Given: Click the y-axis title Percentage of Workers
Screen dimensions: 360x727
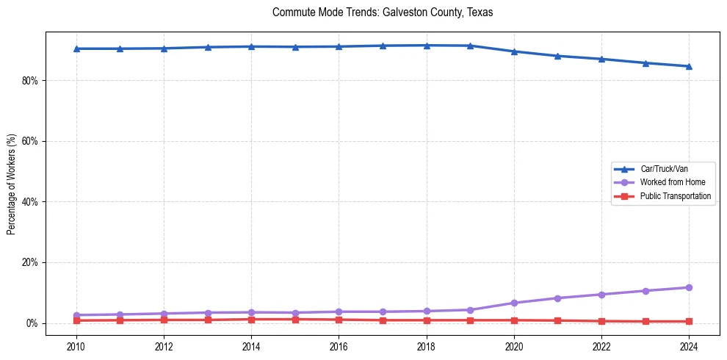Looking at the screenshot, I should click(x=12, y=184).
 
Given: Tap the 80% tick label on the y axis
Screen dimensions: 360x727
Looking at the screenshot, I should click(x=29, y=80).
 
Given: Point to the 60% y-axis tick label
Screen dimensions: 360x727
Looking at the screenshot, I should click(x=29, y=141).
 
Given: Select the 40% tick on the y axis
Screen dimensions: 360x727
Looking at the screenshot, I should click(x=29, y=202).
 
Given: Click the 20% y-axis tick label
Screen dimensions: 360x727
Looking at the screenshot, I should click(x=29, y=263).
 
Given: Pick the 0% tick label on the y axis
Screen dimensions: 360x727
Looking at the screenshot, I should click(x=32, y=323).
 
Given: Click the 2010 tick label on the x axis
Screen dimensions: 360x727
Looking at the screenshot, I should click(x=76, y=345).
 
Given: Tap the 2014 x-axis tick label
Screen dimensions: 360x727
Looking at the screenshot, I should click(x=251, y=345).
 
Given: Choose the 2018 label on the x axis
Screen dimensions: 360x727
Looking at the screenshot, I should click(x=427, y=345).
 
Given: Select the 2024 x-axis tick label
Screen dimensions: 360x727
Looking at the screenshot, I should click(x=690, y=345).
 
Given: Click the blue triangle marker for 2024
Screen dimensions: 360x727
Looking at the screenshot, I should click(x=690, y=66).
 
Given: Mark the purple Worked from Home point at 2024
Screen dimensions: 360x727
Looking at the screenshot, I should click(x=690, y=287).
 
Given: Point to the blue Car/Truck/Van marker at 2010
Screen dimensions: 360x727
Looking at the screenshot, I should click(x=76, y=48).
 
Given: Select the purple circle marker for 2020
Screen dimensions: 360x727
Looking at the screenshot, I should click(x=514, y=303).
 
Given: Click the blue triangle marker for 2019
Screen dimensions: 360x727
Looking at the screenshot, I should click(x=470, y=46).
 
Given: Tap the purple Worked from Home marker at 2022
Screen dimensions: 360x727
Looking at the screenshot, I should click(x=602, y=295).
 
